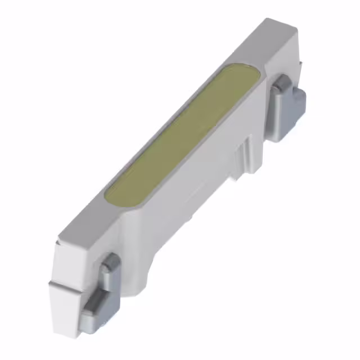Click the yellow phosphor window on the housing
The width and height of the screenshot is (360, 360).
[183, 135]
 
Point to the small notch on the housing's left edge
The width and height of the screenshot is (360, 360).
[58, 243]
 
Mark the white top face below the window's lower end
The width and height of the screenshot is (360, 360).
[90, 225]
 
